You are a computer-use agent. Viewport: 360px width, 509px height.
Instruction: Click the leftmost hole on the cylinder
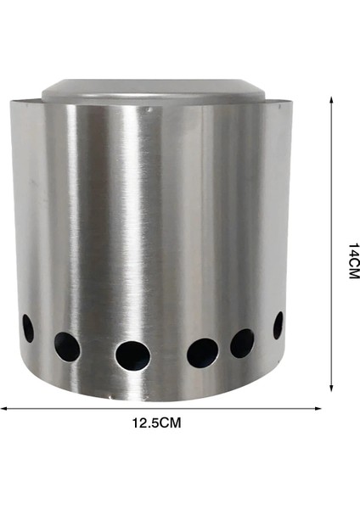click(x=28, y=327)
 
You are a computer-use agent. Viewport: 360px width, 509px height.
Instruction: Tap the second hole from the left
click(x=67, y=345)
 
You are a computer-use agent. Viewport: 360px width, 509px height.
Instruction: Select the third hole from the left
click(x=132, y=355)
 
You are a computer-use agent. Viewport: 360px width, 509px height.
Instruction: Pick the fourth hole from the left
click(x=202, y=351)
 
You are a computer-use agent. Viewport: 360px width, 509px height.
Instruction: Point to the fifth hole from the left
click(x=242, y=343)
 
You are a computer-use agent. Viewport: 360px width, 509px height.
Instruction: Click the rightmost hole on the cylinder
click(x=278, y=325)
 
